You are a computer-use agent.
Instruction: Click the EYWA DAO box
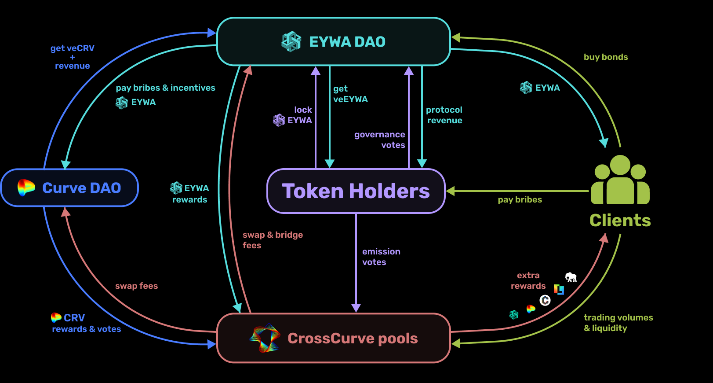point(333,41)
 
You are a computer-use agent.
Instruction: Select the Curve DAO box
point(69,188)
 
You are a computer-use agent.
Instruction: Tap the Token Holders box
point(356,191)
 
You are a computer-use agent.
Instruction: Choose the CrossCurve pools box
point(333,338)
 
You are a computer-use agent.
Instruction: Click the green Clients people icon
point(620,180)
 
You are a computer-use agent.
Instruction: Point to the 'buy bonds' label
point(605,57)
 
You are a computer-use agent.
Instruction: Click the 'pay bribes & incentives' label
point(165,88)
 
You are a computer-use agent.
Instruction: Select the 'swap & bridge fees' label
point(273,240)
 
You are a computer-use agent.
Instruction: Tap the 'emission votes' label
point(381,257)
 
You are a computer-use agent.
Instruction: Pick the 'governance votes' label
point(380,140)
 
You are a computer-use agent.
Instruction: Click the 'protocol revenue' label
point(444,115)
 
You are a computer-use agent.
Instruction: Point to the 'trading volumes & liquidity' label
point(618,323)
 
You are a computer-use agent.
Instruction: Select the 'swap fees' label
point(136,286)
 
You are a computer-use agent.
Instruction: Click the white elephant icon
point(571,277)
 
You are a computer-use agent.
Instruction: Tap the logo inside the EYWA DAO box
point(291,42)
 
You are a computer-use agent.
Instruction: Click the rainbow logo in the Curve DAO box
point(26,188)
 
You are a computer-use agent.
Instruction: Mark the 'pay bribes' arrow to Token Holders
point(519,191)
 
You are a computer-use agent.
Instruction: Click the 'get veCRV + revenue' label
point(72,57)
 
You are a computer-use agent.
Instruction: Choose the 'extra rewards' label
point(528,280)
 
